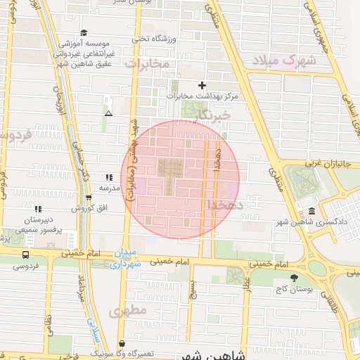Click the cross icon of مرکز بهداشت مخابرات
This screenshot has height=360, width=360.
coord(202,85)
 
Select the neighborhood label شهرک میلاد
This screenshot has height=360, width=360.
coord(285,60)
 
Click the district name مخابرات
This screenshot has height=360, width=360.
coord(148,64)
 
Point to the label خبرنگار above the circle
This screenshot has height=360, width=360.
coord(213,114)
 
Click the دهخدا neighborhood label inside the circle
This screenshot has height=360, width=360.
coord(225,205)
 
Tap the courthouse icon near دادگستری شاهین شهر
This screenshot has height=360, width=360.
coord(311,212)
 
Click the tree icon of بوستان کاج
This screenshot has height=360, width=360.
coord(293,278)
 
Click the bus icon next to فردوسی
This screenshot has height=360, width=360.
coord(26,255)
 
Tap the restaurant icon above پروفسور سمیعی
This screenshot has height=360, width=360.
coord(38,209)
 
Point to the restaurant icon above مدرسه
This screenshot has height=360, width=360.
coord(108,178)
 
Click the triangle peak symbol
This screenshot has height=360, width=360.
coord(108,112)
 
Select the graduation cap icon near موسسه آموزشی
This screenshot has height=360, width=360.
coord(84,32)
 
